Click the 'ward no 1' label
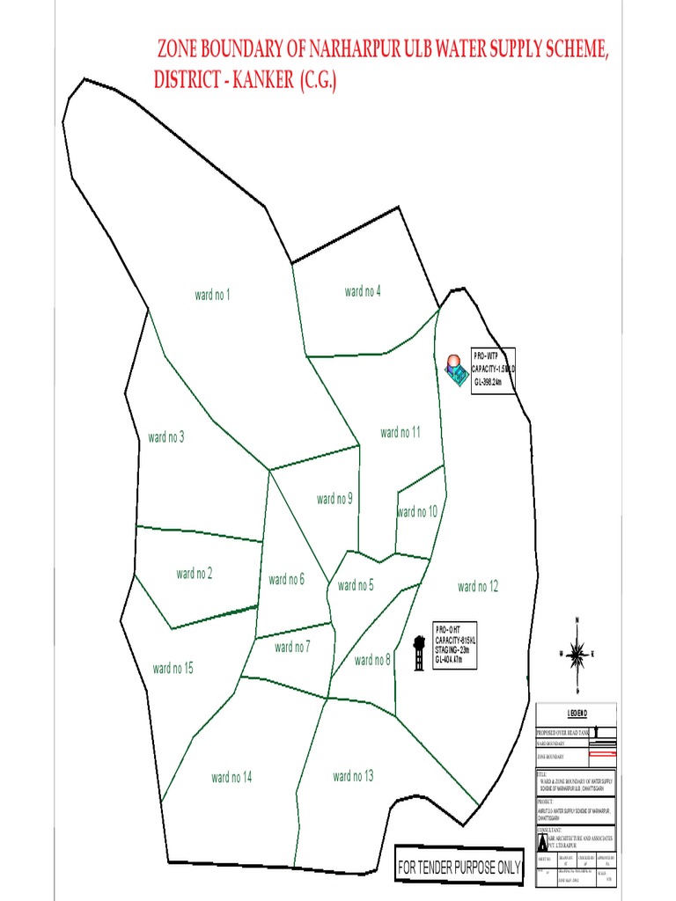click(x=212, y=295)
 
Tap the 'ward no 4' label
click(x=363, y=291)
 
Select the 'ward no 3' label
click(x=166, y=436)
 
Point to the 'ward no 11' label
click(x=400, y=432)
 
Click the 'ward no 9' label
click(x=334, y=499)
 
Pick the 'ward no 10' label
click(x=417, y=512)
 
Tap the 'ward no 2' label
click(x=195, y=574)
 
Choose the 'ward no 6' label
click(x=286, y=579)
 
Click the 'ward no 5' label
click(x=356, y=585)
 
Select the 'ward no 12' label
click(x=478, y=586)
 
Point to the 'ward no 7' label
click(x=292, y=648)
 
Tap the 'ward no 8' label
click(x=372, y=660)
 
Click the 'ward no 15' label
click(x=173, y=669)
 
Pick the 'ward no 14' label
click(x=231, y=777)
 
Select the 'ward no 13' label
click(x=353, y=776)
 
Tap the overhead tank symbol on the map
click(x=419, y=653)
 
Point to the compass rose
click(x=577, y=652)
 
